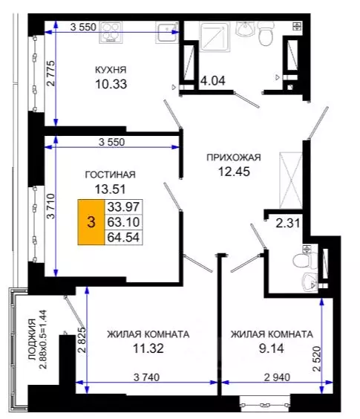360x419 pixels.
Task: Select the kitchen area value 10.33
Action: pyautogui.click(x=111, y=84)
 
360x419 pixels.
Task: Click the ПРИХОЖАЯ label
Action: pyautogui.click(x=235, y=157)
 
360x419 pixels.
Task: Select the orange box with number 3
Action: pyautogui.click(x=91, y=221)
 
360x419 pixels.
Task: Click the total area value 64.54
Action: pyautogui.click(x=124, y=237)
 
